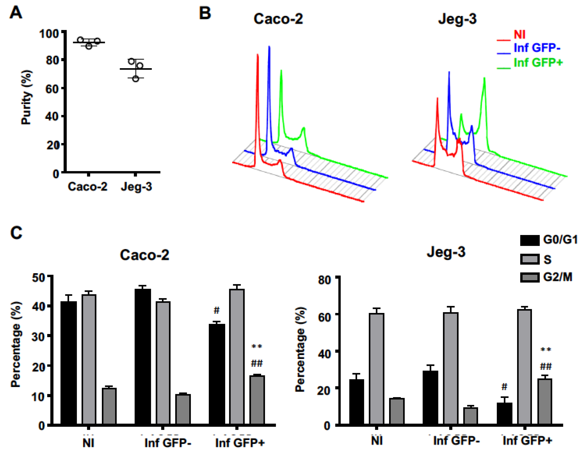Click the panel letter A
click(x=16, y=13)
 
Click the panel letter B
click(x=205, y=13)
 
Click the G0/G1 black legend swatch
click(x=530, y=240)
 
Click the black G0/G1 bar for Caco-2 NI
click(x=69, y=363)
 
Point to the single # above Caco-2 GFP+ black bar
click(x=216, y=310)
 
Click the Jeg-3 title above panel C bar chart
click(x=446, y=252)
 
